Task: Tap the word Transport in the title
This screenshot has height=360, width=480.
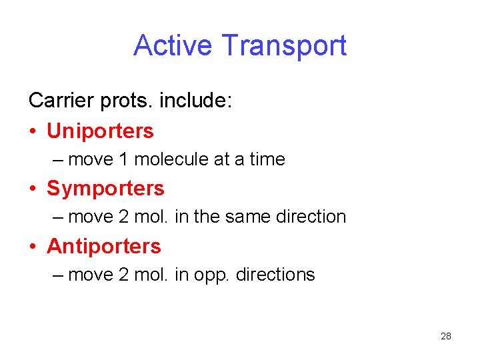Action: [284, 46]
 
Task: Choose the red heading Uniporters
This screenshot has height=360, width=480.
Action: [100, 131]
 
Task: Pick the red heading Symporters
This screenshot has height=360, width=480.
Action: [105, 189]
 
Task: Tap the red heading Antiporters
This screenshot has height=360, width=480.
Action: [104, 246]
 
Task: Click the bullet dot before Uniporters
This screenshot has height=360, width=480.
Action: [33, 131]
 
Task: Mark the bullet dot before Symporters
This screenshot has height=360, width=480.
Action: [33, 189]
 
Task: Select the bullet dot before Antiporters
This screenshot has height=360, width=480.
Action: [33, 247]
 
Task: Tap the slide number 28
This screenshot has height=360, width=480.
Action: [446, 336]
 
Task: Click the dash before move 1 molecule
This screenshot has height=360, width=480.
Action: [59, 160]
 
